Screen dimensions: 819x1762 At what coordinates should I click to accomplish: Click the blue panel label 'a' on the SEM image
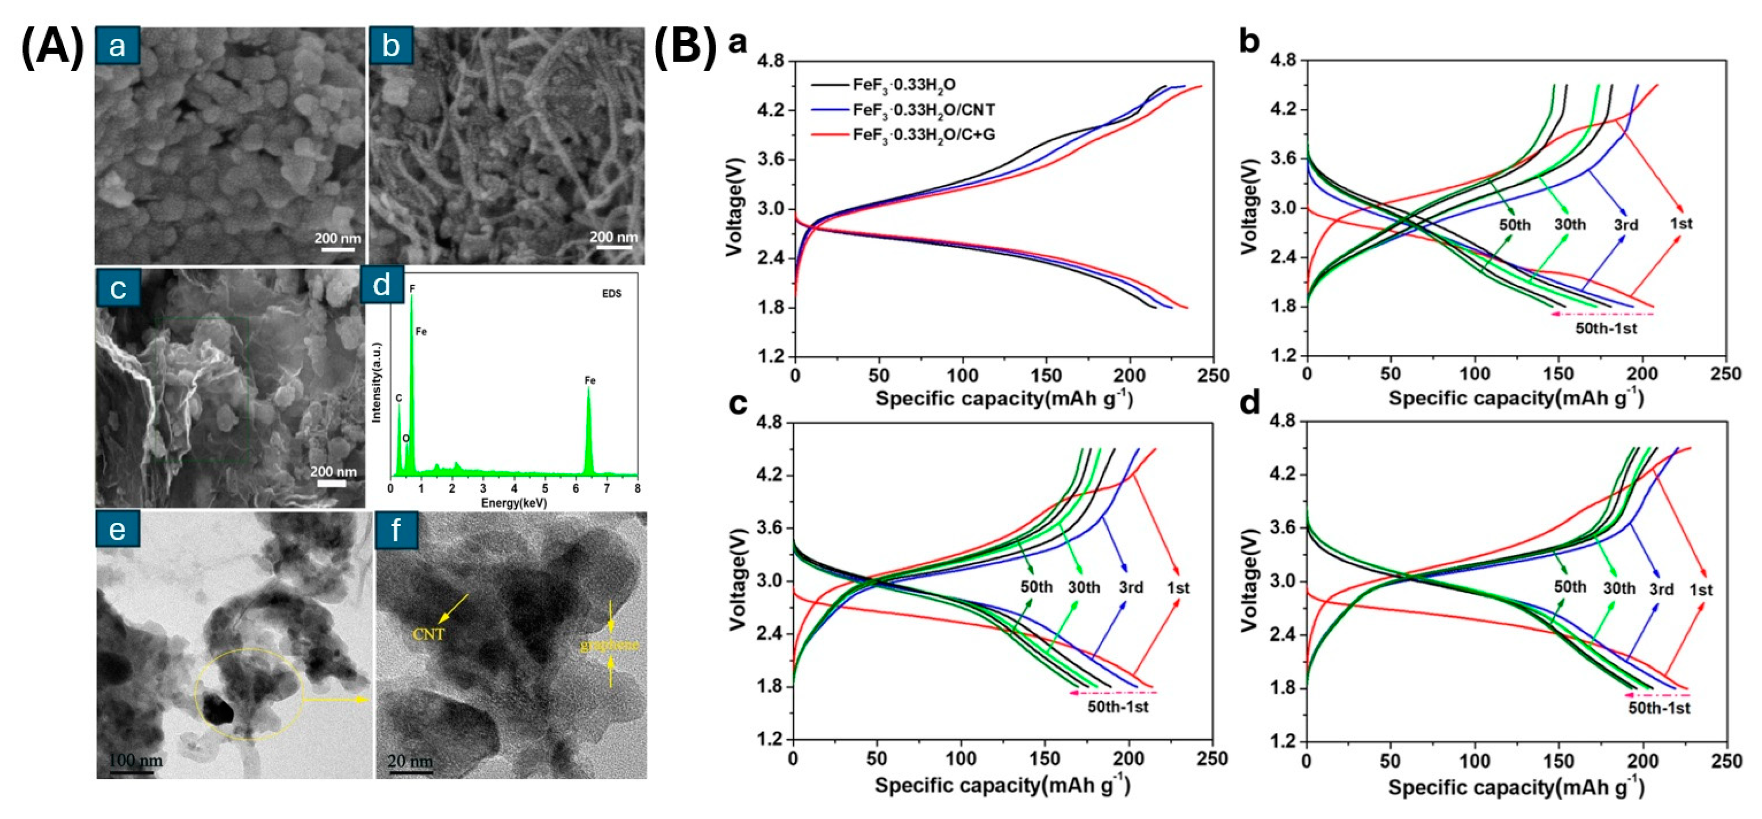click(x=118, y=46)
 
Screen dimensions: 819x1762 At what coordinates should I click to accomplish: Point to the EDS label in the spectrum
click(x=611, y=294)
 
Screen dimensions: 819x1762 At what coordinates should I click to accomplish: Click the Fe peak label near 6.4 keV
click(x=590, y=380)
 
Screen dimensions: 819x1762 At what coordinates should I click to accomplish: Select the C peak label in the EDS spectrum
click(x=399, y=398)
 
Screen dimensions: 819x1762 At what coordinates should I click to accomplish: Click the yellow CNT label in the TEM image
click(x=429, y=634)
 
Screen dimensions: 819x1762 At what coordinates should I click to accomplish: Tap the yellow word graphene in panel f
click(x=610, y=644)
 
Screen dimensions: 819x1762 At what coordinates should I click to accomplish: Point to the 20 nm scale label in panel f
click(x=411, y=760)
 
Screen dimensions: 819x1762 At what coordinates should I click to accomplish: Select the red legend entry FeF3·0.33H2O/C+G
click(x=923, y=135)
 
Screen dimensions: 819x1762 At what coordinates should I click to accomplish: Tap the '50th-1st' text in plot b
click(x=1606, y=329)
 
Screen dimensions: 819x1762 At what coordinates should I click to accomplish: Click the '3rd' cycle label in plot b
click(x=1626, y=225)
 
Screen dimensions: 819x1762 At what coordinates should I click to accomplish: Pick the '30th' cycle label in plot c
click(x=1083, y=587)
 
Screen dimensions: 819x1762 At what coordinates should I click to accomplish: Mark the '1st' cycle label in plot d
click(x=1701, y=590)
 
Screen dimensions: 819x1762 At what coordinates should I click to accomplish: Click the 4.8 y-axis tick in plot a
click(x=771, y=62)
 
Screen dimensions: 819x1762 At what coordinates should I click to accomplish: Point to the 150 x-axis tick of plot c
click(x=1044, y=759)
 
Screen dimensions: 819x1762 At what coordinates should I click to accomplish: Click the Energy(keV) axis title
click(x=513, y=503)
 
